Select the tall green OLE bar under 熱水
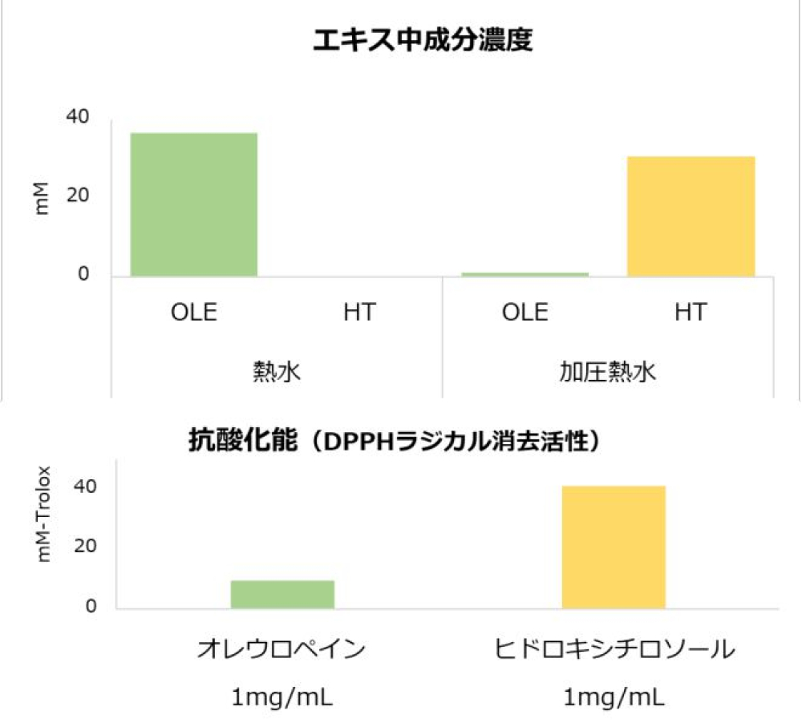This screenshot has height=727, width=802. click(193, 204)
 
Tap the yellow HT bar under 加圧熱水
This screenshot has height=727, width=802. click(691, 216)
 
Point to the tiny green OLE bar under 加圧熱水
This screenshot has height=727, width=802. click(525, 274)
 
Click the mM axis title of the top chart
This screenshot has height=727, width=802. click(43, 198)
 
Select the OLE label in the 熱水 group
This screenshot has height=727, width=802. click(193, 312)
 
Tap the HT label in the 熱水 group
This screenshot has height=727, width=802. click(358, 312)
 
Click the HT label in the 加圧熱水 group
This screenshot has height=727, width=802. click(691, 312)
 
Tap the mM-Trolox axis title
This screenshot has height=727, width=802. click(45, 513)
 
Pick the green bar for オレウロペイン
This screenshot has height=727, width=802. click(282, 594)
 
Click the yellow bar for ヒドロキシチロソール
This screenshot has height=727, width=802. click(614, 547)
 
